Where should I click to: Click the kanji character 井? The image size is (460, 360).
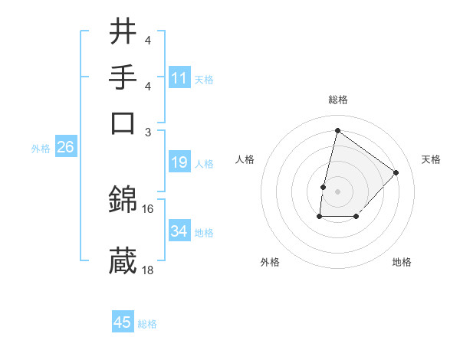(123, 33)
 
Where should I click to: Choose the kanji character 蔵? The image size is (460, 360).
(123, 260)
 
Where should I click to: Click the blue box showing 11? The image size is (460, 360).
(179, 78)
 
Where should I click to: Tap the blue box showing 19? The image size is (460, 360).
(179, 163)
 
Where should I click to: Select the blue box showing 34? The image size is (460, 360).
(179, 232)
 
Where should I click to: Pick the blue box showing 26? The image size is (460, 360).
(65, 148)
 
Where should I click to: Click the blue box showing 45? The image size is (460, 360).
(123, 322)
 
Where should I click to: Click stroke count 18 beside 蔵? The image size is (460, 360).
(148, 270)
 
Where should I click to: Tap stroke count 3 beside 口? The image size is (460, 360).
(149, 131)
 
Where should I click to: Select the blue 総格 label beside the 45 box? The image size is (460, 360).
(147, 324)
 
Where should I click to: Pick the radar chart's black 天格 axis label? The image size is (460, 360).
(431, 159)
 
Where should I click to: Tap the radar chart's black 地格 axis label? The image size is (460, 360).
(402, 262)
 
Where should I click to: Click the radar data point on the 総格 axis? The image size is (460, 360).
(337, 131)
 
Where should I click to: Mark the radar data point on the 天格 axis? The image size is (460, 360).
(396, 172)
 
